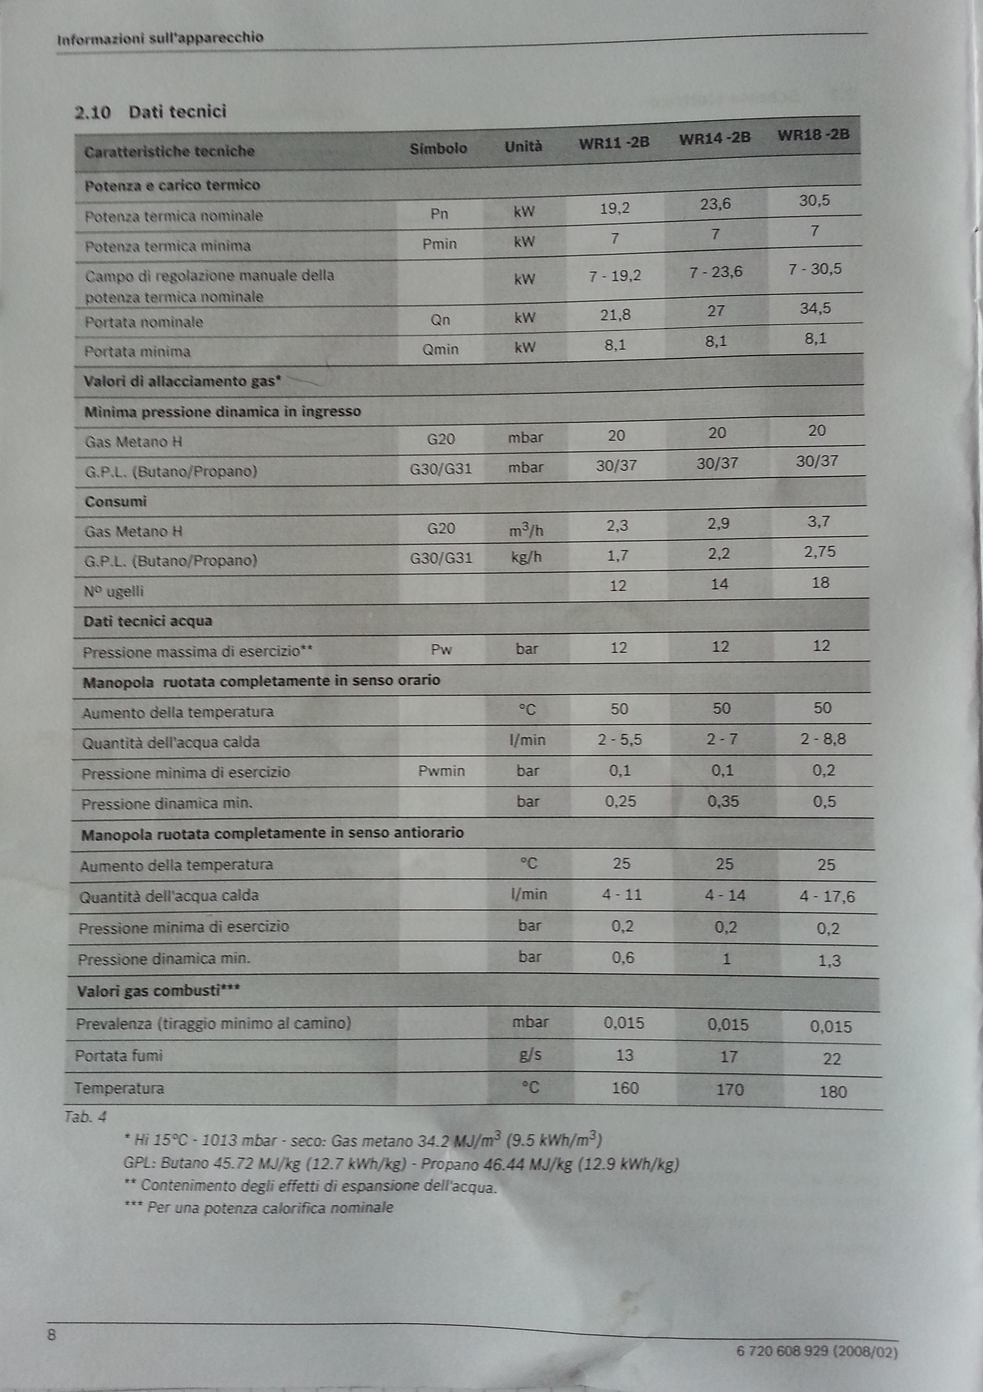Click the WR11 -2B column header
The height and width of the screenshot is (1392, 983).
[614, 143]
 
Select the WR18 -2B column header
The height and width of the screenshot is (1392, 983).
[813, 135]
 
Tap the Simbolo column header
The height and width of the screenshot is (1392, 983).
[438, 149]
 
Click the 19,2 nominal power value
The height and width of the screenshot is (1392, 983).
[614, 209]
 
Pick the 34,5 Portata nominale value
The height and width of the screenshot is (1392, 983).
[815, 309]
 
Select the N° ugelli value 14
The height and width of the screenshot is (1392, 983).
[719, 584]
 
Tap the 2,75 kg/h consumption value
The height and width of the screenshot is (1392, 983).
[819, 552]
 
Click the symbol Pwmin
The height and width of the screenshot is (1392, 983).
[441, 771]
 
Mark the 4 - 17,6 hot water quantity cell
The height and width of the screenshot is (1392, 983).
[827, 897]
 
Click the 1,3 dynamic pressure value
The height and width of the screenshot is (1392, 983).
[830, 961]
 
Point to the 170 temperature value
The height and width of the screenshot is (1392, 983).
[729, 1090]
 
